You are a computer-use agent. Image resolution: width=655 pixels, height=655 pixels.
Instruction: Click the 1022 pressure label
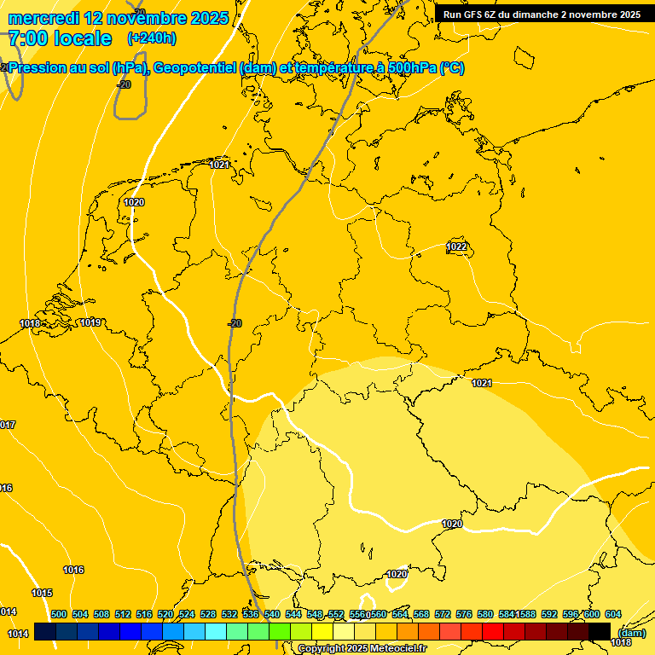point(457,246)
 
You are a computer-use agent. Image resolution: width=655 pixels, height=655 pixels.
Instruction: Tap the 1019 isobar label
point(90,322)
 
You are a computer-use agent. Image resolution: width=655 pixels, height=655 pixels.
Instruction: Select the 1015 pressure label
point(42,593)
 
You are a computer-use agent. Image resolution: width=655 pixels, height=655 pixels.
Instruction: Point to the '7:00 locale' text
point(60,38)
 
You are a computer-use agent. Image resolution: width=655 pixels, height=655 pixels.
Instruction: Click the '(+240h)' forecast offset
point(152,38)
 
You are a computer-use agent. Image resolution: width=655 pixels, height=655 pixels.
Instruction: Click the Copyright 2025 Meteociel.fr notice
point(362,649)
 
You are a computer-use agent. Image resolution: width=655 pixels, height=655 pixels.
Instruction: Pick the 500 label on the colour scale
point(59,614)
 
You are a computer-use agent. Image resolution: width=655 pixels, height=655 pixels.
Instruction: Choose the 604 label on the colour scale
point(613,614)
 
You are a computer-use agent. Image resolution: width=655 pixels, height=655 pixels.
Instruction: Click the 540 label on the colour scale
point(272,614)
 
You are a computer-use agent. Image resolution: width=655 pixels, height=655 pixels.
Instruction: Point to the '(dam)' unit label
point(631,632)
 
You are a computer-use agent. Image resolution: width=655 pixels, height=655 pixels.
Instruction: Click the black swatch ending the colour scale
point(600,631)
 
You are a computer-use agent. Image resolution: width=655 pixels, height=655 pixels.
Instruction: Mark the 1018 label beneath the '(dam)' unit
point(622,642)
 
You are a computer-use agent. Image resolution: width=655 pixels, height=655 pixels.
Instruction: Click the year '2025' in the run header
point(629,14)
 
